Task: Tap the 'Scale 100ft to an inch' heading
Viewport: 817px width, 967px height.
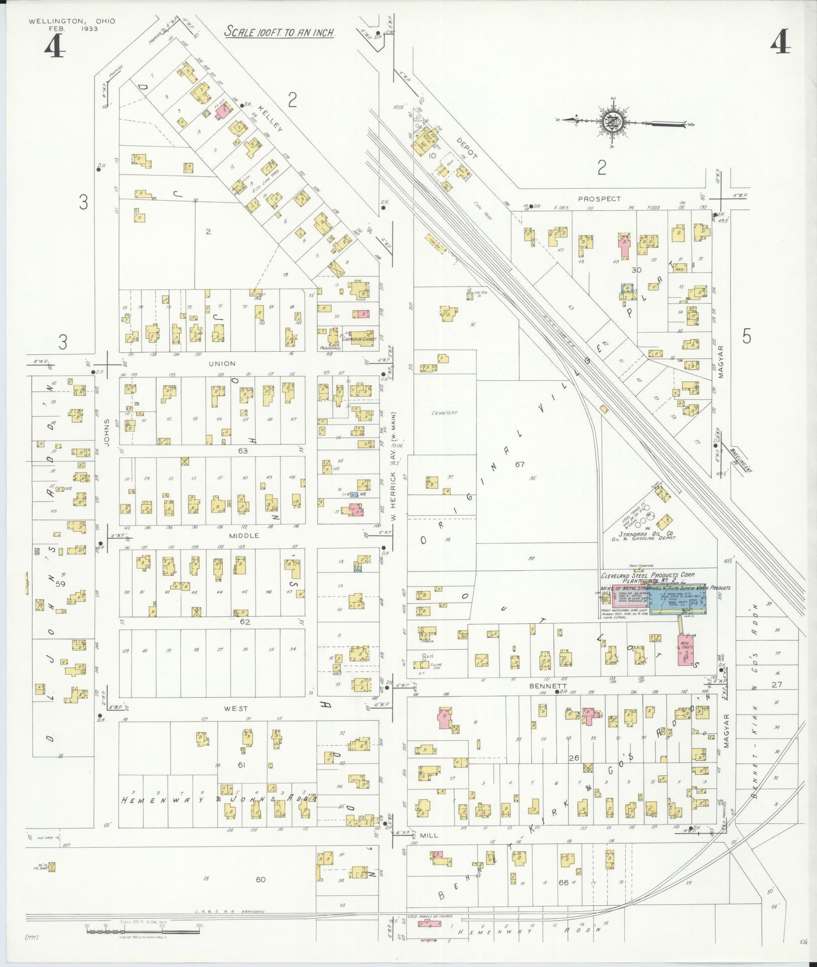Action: (280, 32)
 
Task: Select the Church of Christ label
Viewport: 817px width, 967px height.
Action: (359, 339)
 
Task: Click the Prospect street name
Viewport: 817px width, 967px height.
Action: (599, 199)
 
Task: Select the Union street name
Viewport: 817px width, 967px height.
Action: (224, 363)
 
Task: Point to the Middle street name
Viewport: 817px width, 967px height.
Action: (244, 535)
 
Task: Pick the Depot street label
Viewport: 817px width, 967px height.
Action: (467, 148)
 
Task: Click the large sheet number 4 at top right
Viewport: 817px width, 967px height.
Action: (780, 45)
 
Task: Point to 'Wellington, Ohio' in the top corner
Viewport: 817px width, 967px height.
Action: (72, 21)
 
